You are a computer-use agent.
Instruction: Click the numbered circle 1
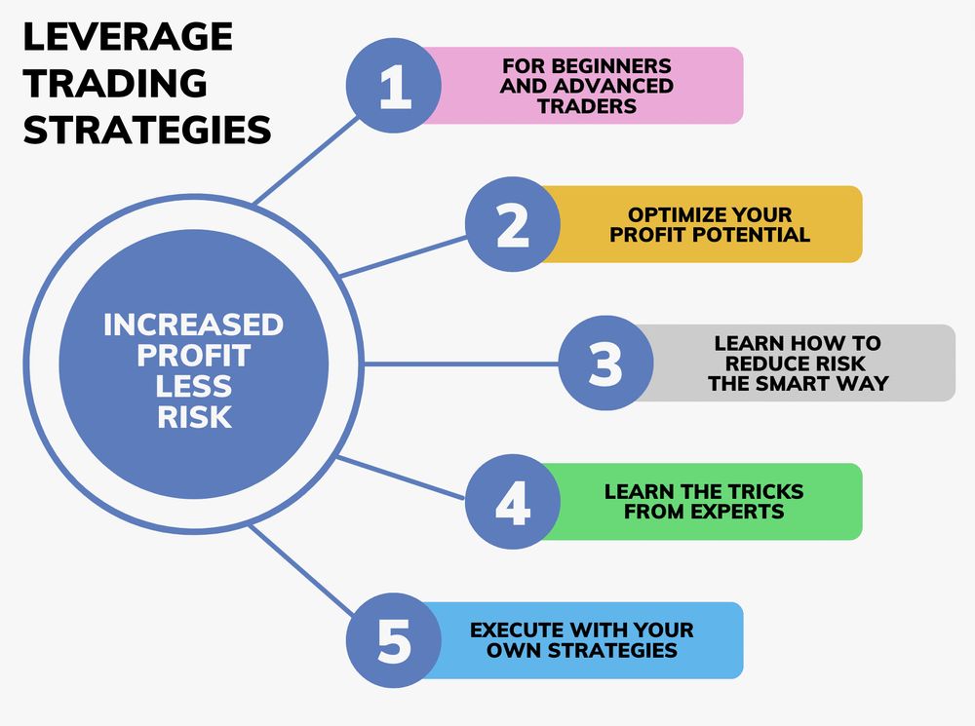pyautogui.click(x=394, y=86)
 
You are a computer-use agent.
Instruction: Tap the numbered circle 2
pyautogui.click(x=512, y=224)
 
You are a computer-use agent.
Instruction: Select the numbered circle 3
pyautogui.click(x=604, y=363)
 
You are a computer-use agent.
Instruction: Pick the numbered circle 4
pyautogui.click(x=512, y=502)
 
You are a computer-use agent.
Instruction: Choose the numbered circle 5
pyautogui.click(x=394, y=640)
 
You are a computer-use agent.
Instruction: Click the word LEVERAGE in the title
pyautogui.click(x=128, y=37)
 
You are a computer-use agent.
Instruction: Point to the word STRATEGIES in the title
pyautogui.click(x=146, y=129)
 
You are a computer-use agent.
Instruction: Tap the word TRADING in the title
pyautogui.click(x=115, y=83)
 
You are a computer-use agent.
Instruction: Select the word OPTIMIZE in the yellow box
pyautogui.click(x=668, y=214)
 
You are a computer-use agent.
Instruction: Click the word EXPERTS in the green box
pyautogui.click(x=730, y=512)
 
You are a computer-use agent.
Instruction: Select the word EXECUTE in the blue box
pyautogui.click(x=520, y=630)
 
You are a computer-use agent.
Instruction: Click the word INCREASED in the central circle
pyautogui.click(x=193, y=324)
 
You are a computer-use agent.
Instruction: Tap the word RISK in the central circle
pyautogui.click(x=193, y=417)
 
